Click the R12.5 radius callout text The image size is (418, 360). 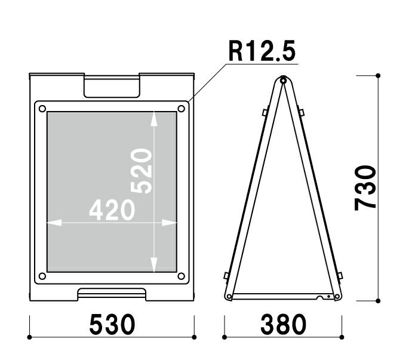pyautogui.click(x=262, y=51)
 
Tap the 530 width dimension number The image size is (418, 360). pyautogui.click(x=112, y=324)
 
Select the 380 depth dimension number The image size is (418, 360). pyautogui.click(x=284, y=324)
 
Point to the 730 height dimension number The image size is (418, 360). pyautogui.click(x=365, y=188)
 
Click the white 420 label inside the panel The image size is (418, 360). pyautogui.click(x=112, y=210)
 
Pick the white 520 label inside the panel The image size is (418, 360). pyautogui.click(x=142, y=171)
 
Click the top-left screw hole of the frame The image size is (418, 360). pyautogui.click(x=42, y=109)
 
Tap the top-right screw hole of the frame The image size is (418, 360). pyautogui.click(x=181, y=109)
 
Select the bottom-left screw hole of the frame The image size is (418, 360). pyautogui.click(x=42, y=276)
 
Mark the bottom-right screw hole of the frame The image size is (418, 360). pyautogui.click(x=181, y=276)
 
